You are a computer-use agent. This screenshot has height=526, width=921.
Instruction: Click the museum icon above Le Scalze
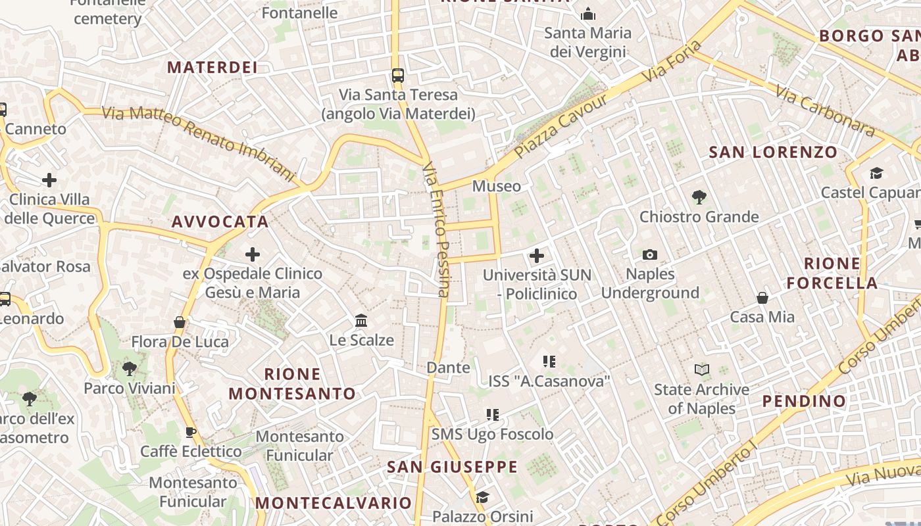click(x=361, y=321)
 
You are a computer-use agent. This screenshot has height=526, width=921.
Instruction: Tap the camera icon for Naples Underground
click(x=650, y=254)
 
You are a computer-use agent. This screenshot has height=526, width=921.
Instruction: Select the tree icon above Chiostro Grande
click(x=699, y=197)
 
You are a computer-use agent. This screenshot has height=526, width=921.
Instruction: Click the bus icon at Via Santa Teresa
click(x=398, y=75)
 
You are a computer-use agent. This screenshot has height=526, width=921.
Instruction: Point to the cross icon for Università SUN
click(x=537, y=255)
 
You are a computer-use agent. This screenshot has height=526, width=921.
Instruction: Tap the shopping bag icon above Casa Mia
click(x=762, y=298)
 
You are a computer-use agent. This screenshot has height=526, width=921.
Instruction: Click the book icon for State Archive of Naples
click(x=702, y=370)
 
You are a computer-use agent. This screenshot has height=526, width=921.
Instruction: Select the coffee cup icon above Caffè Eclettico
click(x=191, y=432)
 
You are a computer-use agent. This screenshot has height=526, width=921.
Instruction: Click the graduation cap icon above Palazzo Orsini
click(x=482, y=496)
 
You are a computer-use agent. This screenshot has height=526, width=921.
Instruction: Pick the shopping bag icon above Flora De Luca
click(x=180, y=322)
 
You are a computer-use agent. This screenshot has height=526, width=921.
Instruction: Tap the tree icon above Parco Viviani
click(x=130, y=368)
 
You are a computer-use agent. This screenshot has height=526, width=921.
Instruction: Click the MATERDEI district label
click(x=212, y=67)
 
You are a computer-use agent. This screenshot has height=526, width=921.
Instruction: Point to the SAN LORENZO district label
click(x=773, y=153)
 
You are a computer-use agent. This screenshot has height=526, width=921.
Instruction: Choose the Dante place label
click(x=448, y=368)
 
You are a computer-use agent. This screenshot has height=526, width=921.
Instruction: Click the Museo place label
click(x=497, y=186)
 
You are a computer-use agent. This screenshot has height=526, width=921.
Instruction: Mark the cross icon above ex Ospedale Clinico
click(x=253, y=254)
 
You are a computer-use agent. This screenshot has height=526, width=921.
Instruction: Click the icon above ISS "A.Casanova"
click(x=549, y=361)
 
